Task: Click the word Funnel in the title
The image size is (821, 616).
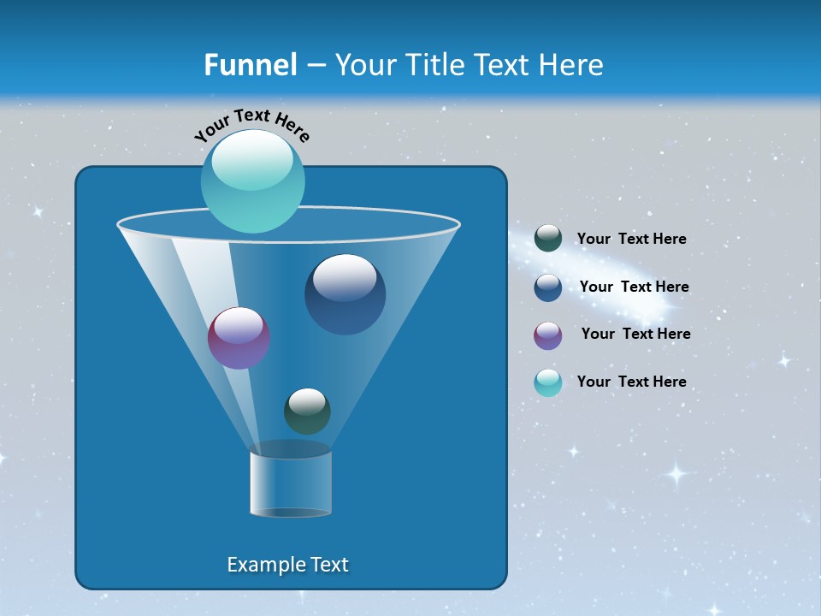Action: (250, 65)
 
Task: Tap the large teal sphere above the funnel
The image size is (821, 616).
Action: (252, 181)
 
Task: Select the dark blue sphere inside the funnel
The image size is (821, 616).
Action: (345, 294)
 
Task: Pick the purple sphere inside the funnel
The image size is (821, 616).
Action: (239, 338)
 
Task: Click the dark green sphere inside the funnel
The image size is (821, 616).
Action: (307, 411)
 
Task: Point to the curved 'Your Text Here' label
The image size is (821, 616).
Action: (252, 124)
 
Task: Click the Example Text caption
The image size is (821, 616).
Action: (287, 565)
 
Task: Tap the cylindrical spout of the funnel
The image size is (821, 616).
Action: (290, 483)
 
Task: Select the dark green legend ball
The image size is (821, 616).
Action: (547, 239)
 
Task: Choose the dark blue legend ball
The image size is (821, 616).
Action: (547, 287)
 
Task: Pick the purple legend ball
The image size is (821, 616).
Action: (547, 335)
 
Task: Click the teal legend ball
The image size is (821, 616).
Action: (547, 382)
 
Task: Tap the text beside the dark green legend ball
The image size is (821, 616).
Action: (631, 240)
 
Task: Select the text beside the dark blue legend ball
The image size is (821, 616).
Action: (634, 287)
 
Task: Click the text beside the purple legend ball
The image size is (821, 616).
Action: (635, 335)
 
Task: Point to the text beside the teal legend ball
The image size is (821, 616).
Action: (631, 382)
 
